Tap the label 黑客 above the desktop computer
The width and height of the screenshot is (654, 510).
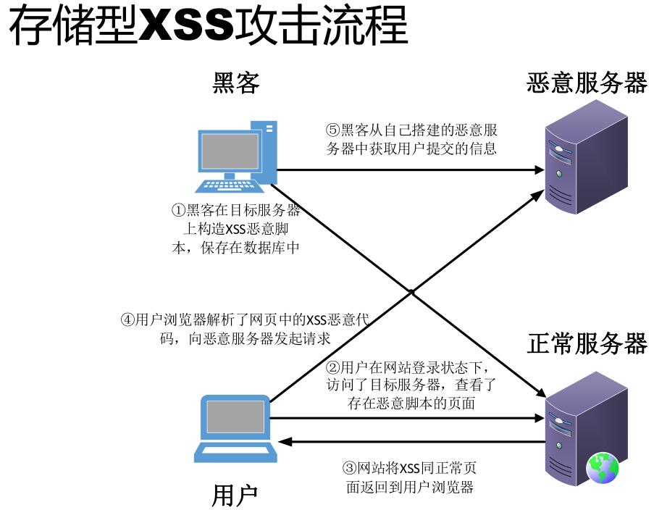tap(235, 84)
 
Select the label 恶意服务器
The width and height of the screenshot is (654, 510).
tap(587, 83)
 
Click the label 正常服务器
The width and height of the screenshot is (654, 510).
tap(587, 343)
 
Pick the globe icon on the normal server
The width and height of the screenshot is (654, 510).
tap(603, 468)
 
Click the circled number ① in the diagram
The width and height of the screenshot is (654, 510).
tap(178, 211)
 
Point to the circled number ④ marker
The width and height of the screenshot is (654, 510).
tap(127, 319)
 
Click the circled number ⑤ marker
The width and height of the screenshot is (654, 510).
tap(332, 131)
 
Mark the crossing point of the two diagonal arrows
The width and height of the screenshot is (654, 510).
tap(411, 292)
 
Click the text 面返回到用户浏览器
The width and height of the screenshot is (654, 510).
tap(410, 487)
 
